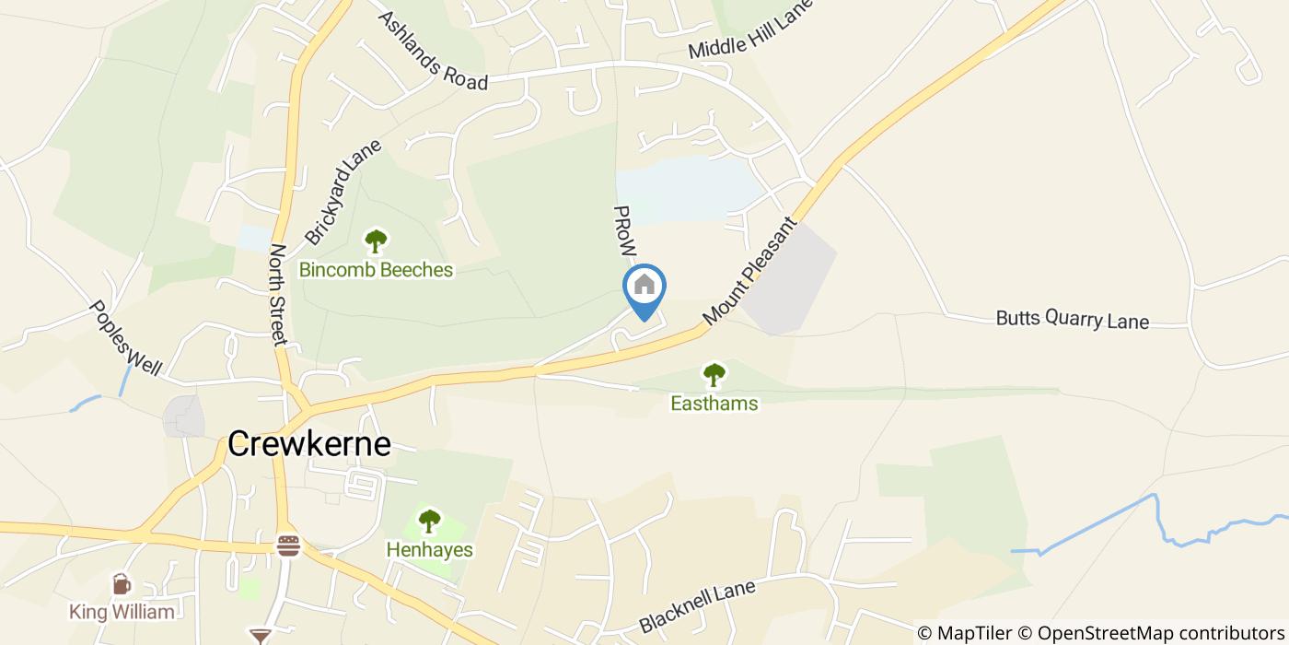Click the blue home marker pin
[644, 287]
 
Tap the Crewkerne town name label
[309, 444]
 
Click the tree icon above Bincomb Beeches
[376, 241]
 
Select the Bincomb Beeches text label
[376, 270]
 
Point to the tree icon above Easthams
[714, 375]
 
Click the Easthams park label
[714, 404]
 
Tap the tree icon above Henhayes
[429, 522]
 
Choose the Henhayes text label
[429, 550]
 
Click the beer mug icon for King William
[121, 584]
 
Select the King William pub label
[122, 612]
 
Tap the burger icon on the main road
[288, 545]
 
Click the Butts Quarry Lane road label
[1073, 319]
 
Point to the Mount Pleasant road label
[748, 272]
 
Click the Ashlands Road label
[432, 51]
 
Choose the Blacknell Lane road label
[697, 606]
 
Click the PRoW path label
[625, 230]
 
